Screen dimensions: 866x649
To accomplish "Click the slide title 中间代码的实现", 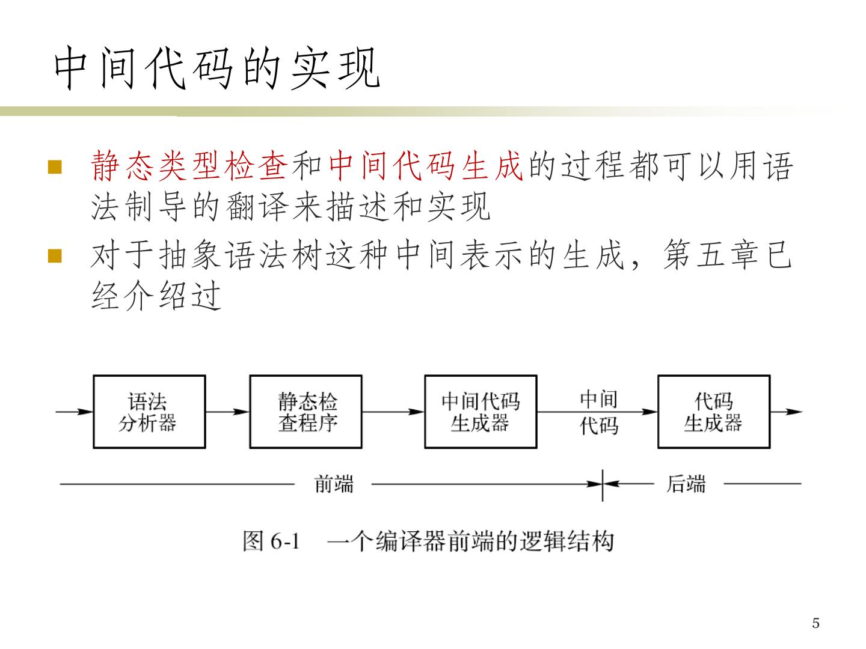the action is coord(216,69).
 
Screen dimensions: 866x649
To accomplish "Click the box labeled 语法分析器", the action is coord(149,412).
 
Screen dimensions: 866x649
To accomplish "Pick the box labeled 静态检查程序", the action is coord(306,412).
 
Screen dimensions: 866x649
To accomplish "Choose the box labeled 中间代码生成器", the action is coord(481,412).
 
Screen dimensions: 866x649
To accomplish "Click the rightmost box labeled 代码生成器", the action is coord(714,412).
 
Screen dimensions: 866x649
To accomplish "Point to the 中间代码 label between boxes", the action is coord(599,412).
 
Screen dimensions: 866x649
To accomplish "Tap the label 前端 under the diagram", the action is coord(334,484).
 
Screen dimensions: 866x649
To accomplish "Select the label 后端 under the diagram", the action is coord(686,484).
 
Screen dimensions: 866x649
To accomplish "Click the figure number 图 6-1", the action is coord(271,541).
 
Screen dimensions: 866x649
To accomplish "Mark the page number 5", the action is coord(815,623).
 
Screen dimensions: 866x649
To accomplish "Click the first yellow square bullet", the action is coord(55,166).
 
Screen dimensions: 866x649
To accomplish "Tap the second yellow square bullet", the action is coord(55,257).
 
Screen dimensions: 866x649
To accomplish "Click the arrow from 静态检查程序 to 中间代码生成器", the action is coord(393,412).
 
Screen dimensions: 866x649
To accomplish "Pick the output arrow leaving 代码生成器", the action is coord(786,412).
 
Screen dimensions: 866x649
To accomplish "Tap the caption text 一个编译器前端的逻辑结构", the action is coord(470,541).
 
